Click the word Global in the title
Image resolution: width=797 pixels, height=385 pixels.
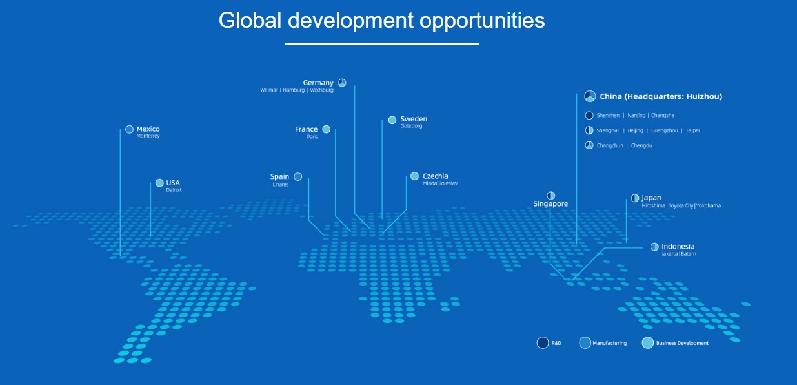pos(250,20)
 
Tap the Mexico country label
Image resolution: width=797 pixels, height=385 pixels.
pos(148,129)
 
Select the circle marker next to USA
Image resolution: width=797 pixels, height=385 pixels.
pos(159,183)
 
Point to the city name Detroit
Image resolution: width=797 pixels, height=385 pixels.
pos(174,190)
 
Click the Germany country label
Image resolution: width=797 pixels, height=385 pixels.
pos(318,83)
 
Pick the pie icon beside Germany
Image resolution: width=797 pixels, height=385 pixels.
pos(342,83)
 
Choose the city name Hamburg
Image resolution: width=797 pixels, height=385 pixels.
pos(294,90)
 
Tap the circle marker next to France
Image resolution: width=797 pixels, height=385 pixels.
pos(327,129)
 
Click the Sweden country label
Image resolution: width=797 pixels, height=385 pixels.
pos(414,119)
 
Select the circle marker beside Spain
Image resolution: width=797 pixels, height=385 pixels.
pos(298,176)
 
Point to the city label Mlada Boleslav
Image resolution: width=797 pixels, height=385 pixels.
pos(439,183)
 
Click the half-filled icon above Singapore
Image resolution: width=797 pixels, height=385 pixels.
pos(550,196)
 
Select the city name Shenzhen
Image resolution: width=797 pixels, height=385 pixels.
pos(608,116)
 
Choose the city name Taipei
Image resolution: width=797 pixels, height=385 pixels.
pos(692,130)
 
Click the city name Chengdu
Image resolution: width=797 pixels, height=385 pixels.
pos(641,145)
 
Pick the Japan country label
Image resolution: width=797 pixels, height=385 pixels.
pos(651,198)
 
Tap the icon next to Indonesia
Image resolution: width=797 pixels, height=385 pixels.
pos(654,247)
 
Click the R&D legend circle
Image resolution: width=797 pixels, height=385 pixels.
pos(543,342)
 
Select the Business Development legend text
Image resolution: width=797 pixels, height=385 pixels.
pos(682,343)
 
